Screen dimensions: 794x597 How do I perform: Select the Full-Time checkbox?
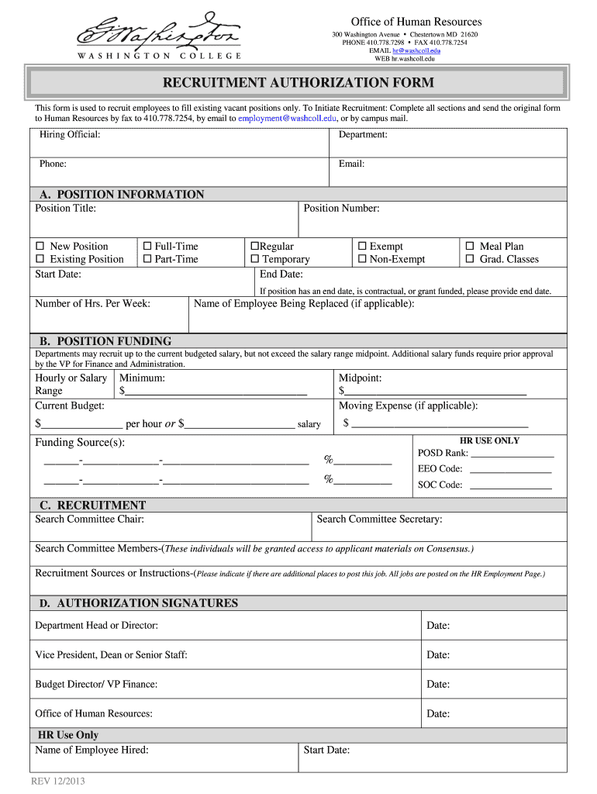pos(147,247)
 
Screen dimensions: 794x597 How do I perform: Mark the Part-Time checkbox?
pos(147,260)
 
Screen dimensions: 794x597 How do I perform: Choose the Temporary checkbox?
pos(254,260)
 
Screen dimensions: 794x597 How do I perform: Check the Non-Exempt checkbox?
pos(361,260)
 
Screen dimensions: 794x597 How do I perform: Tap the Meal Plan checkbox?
pos(469,247)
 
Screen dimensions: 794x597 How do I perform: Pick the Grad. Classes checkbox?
pos(469,260)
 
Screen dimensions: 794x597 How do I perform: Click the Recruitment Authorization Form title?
pos(298,83)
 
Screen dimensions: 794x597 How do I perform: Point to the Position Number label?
pos(341,209)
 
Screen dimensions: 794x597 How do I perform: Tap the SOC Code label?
pos(440,485)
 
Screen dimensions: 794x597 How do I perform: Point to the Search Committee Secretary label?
pos(379,520)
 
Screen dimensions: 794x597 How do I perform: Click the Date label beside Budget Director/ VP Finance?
pos(438,685)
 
